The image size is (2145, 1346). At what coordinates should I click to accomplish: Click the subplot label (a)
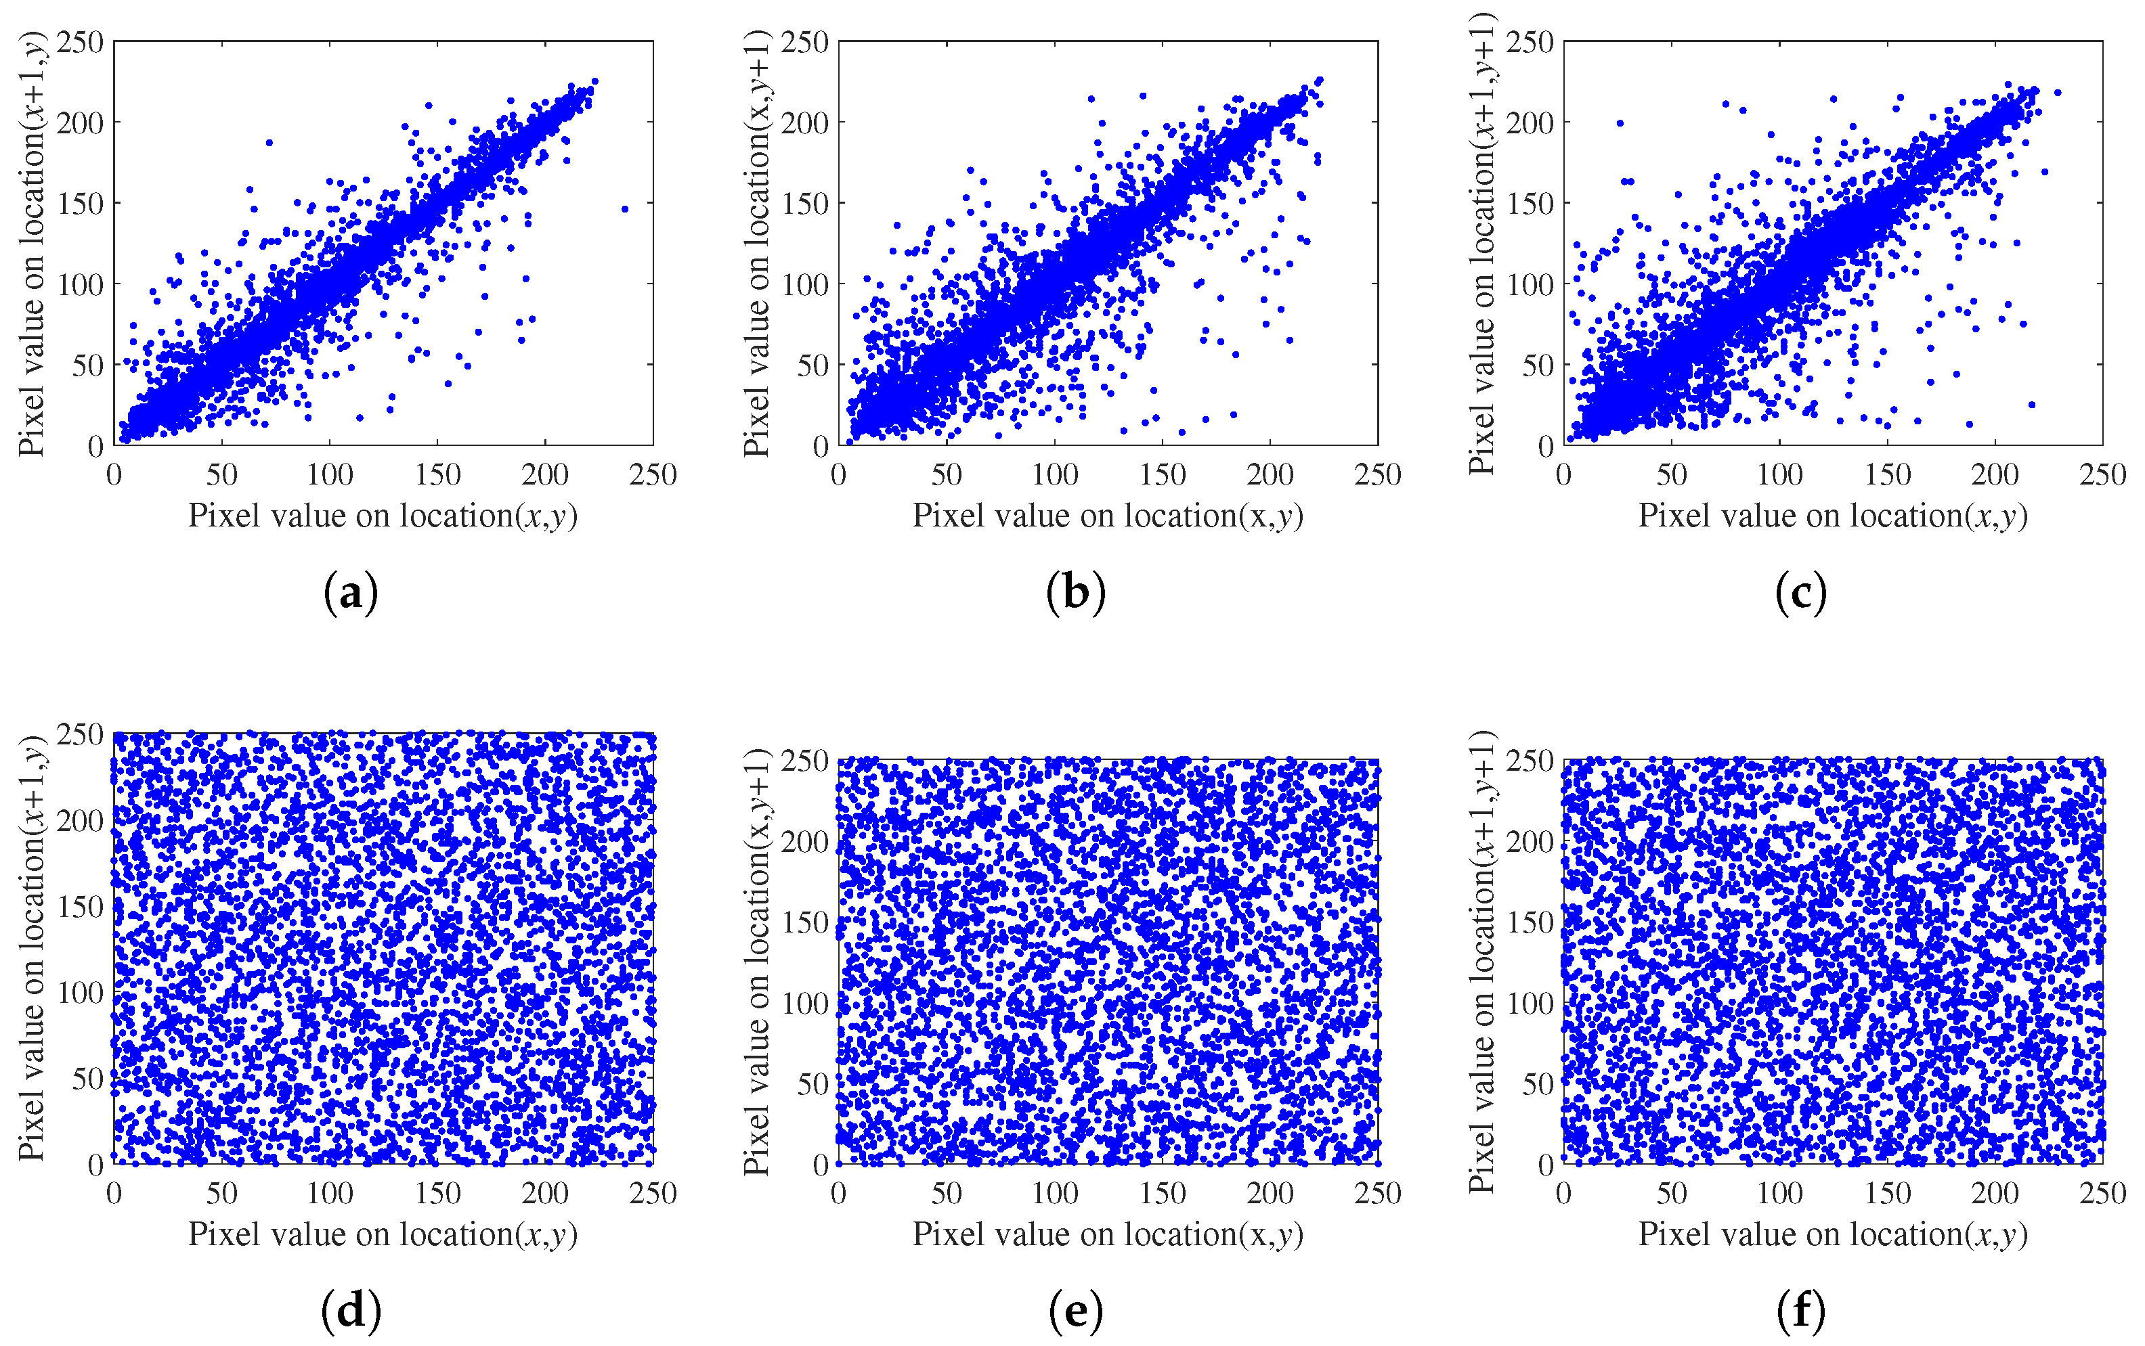click(x=351, y=593)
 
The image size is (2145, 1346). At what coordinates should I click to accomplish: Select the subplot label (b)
click(x=1076, y=593)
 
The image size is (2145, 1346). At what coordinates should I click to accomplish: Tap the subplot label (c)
click(x=1800, y=593)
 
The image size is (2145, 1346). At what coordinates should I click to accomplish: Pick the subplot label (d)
click(x=351, y=1310)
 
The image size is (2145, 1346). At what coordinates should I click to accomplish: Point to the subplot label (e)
click(x=1076, y=1310)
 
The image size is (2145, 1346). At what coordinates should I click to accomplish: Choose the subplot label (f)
click(x=1800, y=1310)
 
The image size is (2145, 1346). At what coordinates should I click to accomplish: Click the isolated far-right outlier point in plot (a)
click(x=625, y=209)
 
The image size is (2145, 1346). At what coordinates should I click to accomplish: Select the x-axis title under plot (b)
click(x=1108, y=516)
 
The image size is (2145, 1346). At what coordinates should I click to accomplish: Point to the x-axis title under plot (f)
click(x=1832, y=1235)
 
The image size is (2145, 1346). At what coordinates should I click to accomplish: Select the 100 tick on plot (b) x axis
click(x=1054, y=474)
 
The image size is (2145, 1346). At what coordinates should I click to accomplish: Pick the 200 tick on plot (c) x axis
click(x=1995, y=474)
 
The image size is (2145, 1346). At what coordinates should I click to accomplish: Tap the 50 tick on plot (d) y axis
click(x=88, y=1079)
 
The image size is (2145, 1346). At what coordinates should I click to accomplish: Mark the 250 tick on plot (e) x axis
click(x=1377, y=1194)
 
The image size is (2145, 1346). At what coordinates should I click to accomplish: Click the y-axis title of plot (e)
click(x=757, y=962)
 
